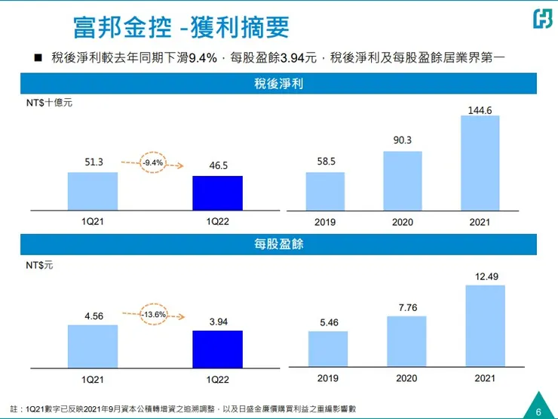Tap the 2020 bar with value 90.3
point(403,179)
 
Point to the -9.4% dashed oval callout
point(155,161)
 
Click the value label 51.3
point(93,161)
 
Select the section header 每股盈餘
point(278,245)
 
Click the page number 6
point(538,411)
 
